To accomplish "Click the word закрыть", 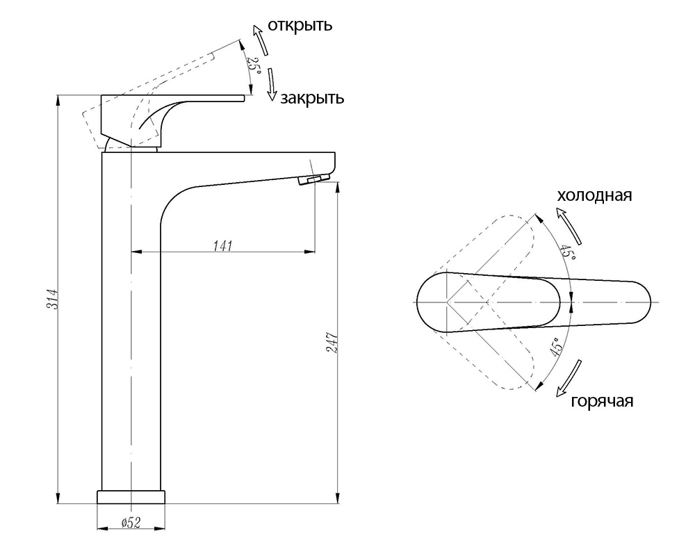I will coord(312,98).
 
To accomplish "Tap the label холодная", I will coord(594,195).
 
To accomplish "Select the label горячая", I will coord(602,402).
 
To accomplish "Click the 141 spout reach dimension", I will coord(222,245).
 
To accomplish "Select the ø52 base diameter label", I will coord(131,523).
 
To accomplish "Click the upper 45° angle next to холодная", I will coord(569,252).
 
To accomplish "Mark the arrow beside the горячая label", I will coord(570,377).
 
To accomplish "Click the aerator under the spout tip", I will coord(313,180).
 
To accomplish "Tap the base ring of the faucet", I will coord(131,497).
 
